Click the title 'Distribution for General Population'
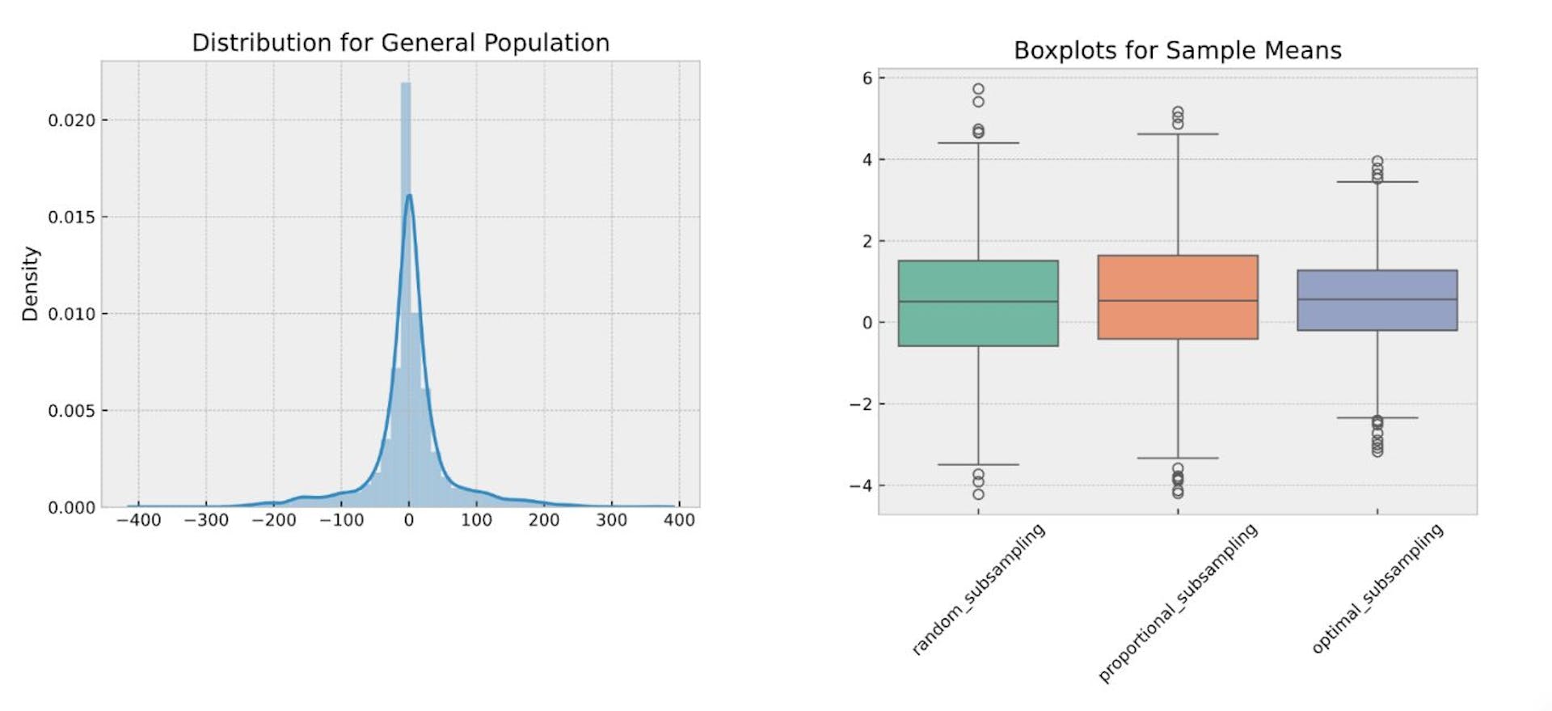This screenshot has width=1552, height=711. point(400,43)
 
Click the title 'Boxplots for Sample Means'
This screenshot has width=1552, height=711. point(1177,51)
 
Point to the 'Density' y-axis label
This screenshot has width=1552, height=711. point(31,284)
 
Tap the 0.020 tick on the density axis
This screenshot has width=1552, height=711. point(71,121)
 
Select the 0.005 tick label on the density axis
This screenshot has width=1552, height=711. point(71,411)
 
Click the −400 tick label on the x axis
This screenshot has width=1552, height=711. point(138,520)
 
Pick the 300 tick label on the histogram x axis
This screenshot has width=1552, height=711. point(611,520)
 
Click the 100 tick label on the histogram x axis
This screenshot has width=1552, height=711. point(476,520)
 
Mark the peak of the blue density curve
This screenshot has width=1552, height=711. point(409,195)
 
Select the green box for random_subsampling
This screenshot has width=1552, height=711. point(978,303)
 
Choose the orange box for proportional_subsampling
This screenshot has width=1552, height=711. point(1178,297)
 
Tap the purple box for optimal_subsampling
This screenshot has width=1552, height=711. point(1377,300)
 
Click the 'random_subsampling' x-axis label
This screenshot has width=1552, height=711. point(979,588)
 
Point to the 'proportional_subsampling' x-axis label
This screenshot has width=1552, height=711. point(1178,603)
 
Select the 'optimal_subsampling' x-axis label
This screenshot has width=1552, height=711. point(1377,588)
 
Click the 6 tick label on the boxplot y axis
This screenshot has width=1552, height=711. point(867,78)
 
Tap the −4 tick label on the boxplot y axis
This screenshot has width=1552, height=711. point(861,486)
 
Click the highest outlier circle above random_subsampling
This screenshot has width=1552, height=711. point(978,89)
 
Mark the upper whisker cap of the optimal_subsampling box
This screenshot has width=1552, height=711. point(1377,182)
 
